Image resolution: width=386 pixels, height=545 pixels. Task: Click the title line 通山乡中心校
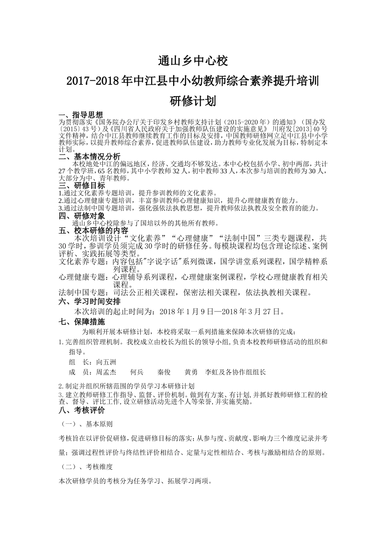pyautogui.click(x=193, y=61)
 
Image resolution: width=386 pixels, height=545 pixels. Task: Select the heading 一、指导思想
pyautogui.click(x=81, y=115)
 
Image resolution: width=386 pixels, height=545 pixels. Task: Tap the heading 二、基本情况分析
pyautogui.click(x=90, y=157)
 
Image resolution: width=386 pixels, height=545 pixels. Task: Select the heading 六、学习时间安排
pyautogui.click(x=90, y=302)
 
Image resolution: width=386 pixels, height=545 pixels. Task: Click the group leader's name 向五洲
pyautogui.click(x=106, y=362)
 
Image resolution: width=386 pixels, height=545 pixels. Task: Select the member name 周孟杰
pyautogui.click(x=106, y=372)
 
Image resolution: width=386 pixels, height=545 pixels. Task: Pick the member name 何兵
pyautogui.click(x=137, y=372)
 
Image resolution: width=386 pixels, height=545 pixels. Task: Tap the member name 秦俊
pyautogui.click(x=164, y=372)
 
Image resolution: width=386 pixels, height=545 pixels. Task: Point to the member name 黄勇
pyautogui.click(x=191, y=372)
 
